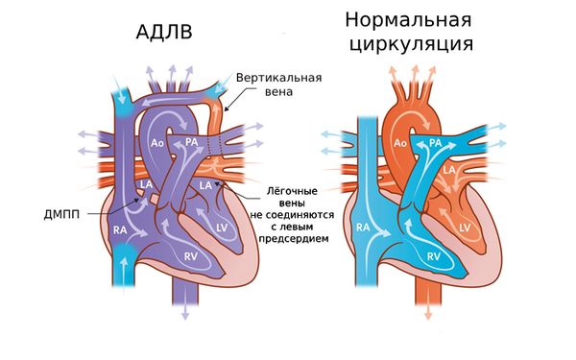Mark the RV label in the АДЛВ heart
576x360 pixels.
(191, 256)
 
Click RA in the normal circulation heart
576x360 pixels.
(364, 228)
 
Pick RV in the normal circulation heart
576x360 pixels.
(433, 256)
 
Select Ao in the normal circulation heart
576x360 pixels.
(402, 145)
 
